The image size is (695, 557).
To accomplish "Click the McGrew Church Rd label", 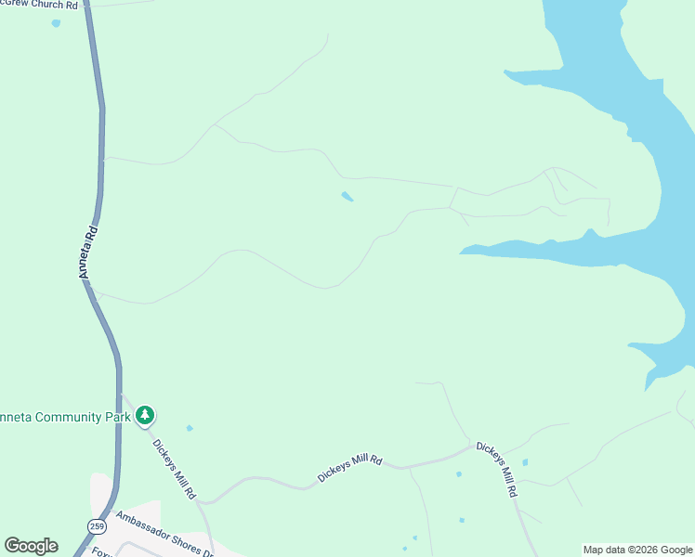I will click(x=39, y=5).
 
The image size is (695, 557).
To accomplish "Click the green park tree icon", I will click(x=144, y=415).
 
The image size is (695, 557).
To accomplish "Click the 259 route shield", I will click(x=97, y=526).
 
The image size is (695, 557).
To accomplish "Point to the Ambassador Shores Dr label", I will click(x=164, y=534).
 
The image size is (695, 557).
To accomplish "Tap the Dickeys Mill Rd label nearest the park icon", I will click(x=174, y=470).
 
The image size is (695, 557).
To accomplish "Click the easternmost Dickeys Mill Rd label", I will click(x=496, y=469).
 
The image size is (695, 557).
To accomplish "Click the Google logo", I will click(x=31, y=546).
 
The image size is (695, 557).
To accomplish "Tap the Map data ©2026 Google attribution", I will click(x=637, y=550).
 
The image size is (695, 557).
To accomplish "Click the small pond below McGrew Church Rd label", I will click(x=56, y=22).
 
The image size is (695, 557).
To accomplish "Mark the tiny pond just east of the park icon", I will click(x=190, y=428).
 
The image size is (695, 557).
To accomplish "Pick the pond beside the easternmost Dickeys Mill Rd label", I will click(x=525, y=461).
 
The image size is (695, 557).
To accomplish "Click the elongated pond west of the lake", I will click(x=347, y=197).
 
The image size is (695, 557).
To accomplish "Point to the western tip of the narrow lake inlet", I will click(x=462, y=250).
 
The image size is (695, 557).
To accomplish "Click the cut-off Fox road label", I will click(x=98, y=552).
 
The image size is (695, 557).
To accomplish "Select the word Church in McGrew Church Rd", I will click(x=43, y=5).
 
